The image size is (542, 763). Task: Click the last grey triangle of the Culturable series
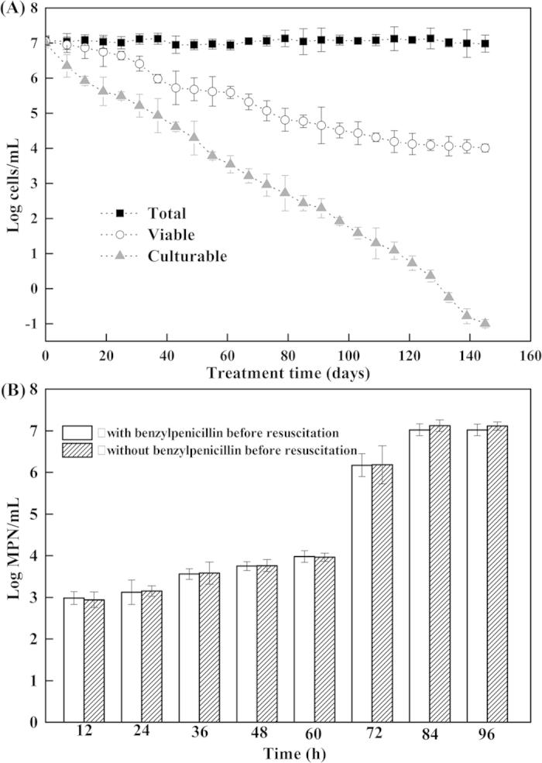(485, 323)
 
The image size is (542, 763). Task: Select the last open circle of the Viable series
(485, 148)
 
